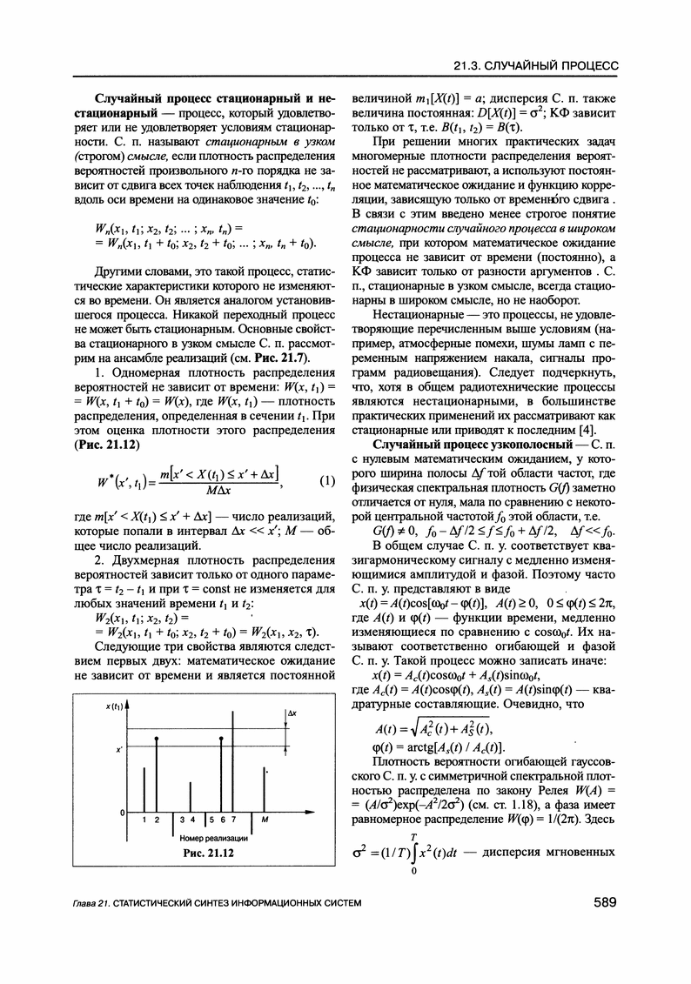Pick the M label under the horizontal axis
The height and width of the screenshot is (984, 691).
(x=265, y=820)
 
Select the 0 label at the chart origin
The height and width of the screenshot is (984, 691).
(x=121, y=812)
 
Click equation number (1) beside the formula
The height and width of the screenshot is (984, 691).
(x=327, y=481)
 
